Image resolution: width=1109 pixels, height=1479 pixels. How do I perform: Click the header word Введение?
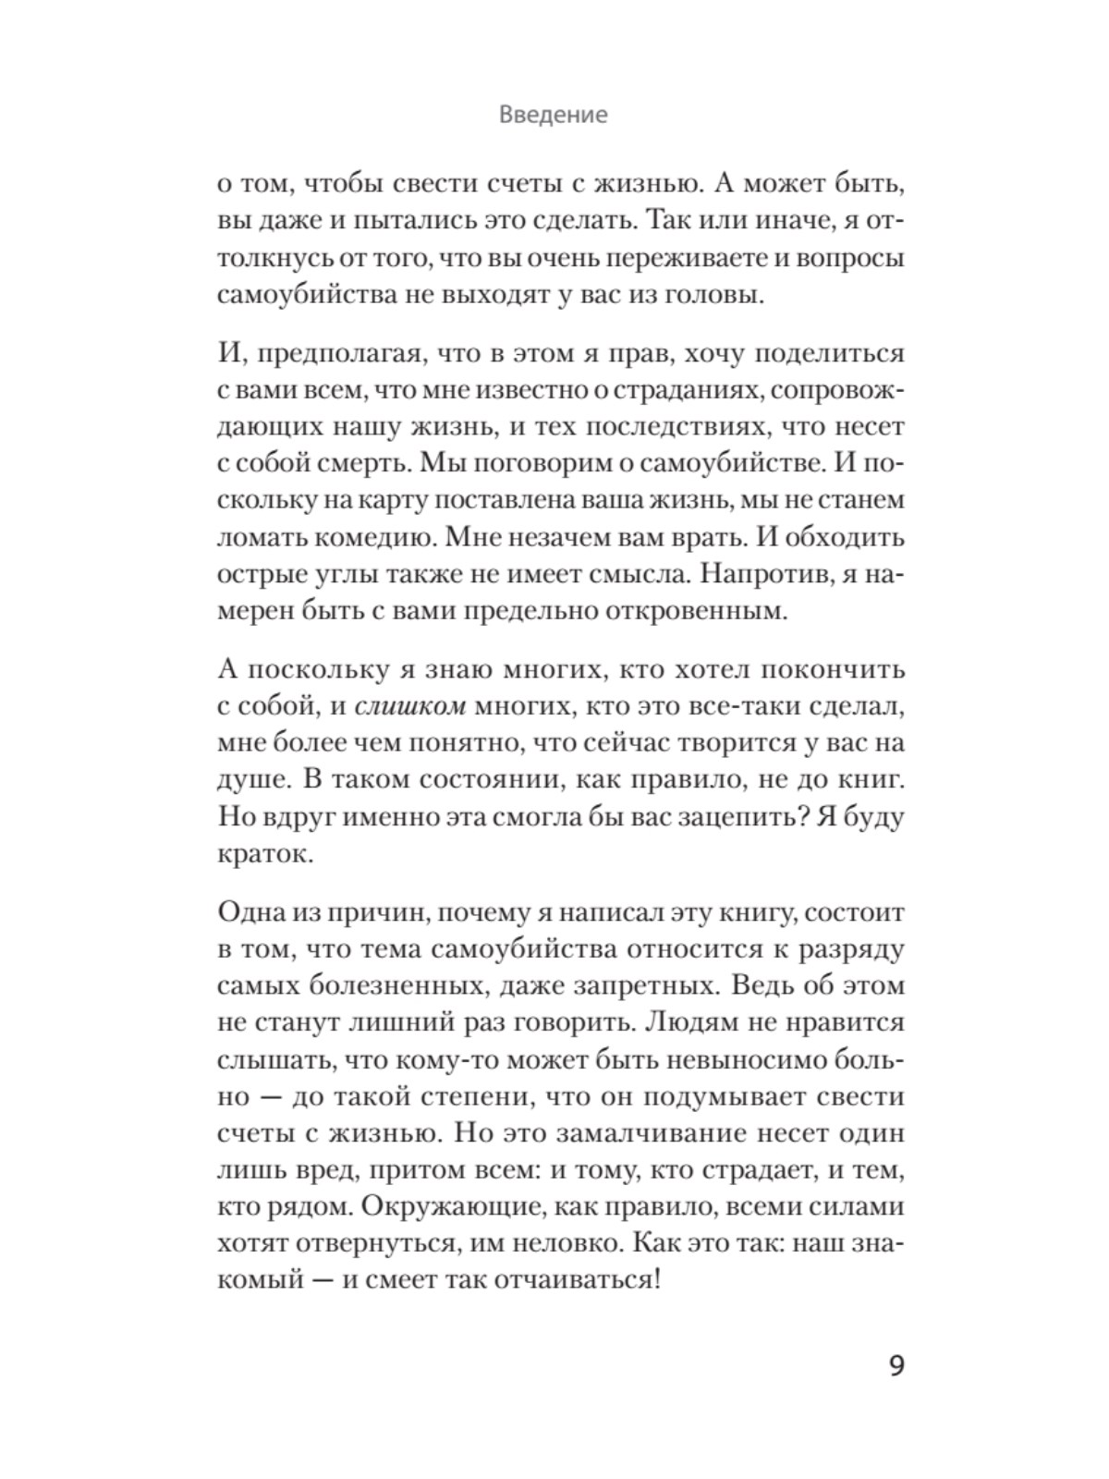click(x=553, y=116)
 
